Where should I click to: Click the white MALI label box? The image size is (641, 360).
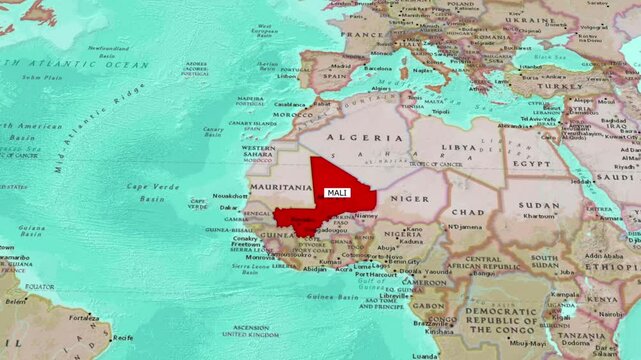pos(338,193)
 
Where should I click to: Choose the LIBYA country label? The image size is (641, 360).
pos(460,147)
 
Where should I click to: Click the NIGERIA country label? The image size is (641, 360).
pos(404,236)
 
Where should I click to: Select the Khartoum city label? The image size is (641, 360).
pos(540,216)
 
